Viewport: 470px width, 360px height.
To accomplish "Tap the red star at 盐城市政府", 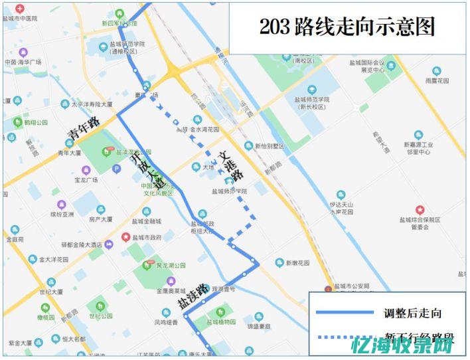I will (x=125, y=237).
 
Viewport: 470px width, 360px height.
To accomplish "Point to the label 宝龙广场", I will (x=86, y=180).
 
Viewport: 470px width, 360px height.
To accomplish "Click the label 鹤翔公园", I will (x=36, y=123).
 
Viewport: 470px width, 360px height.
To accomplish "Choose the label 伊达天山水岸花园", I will (x=341, y=209).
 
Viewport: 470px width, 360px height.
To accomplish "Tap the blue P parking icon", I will (x=117, y=169).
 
